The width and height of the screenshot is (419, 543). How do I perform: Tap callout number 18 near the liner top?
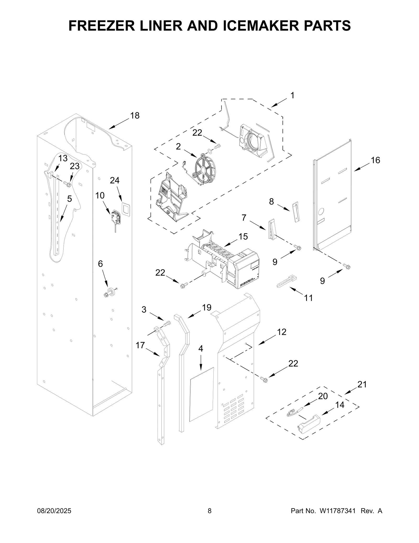pos(135,115)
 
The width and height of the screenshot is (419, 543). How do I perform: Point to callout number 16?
pos(375,160)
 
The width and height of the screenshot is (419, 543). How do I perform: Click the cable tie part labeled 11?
pos(287,282)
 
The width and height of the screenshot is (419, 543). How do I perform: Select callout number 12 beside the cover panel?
pos(282,332)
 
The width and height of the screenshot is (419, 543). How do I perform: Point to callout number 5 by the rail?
pos(69,199)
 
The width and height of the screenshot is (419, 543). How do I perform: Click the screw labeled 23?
pos(69,185)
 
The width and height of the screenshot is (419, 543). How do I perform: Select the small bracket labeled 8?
pos(296,212)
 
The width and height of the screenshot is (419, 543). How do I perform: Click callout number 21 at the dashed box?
pos(362,384)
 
